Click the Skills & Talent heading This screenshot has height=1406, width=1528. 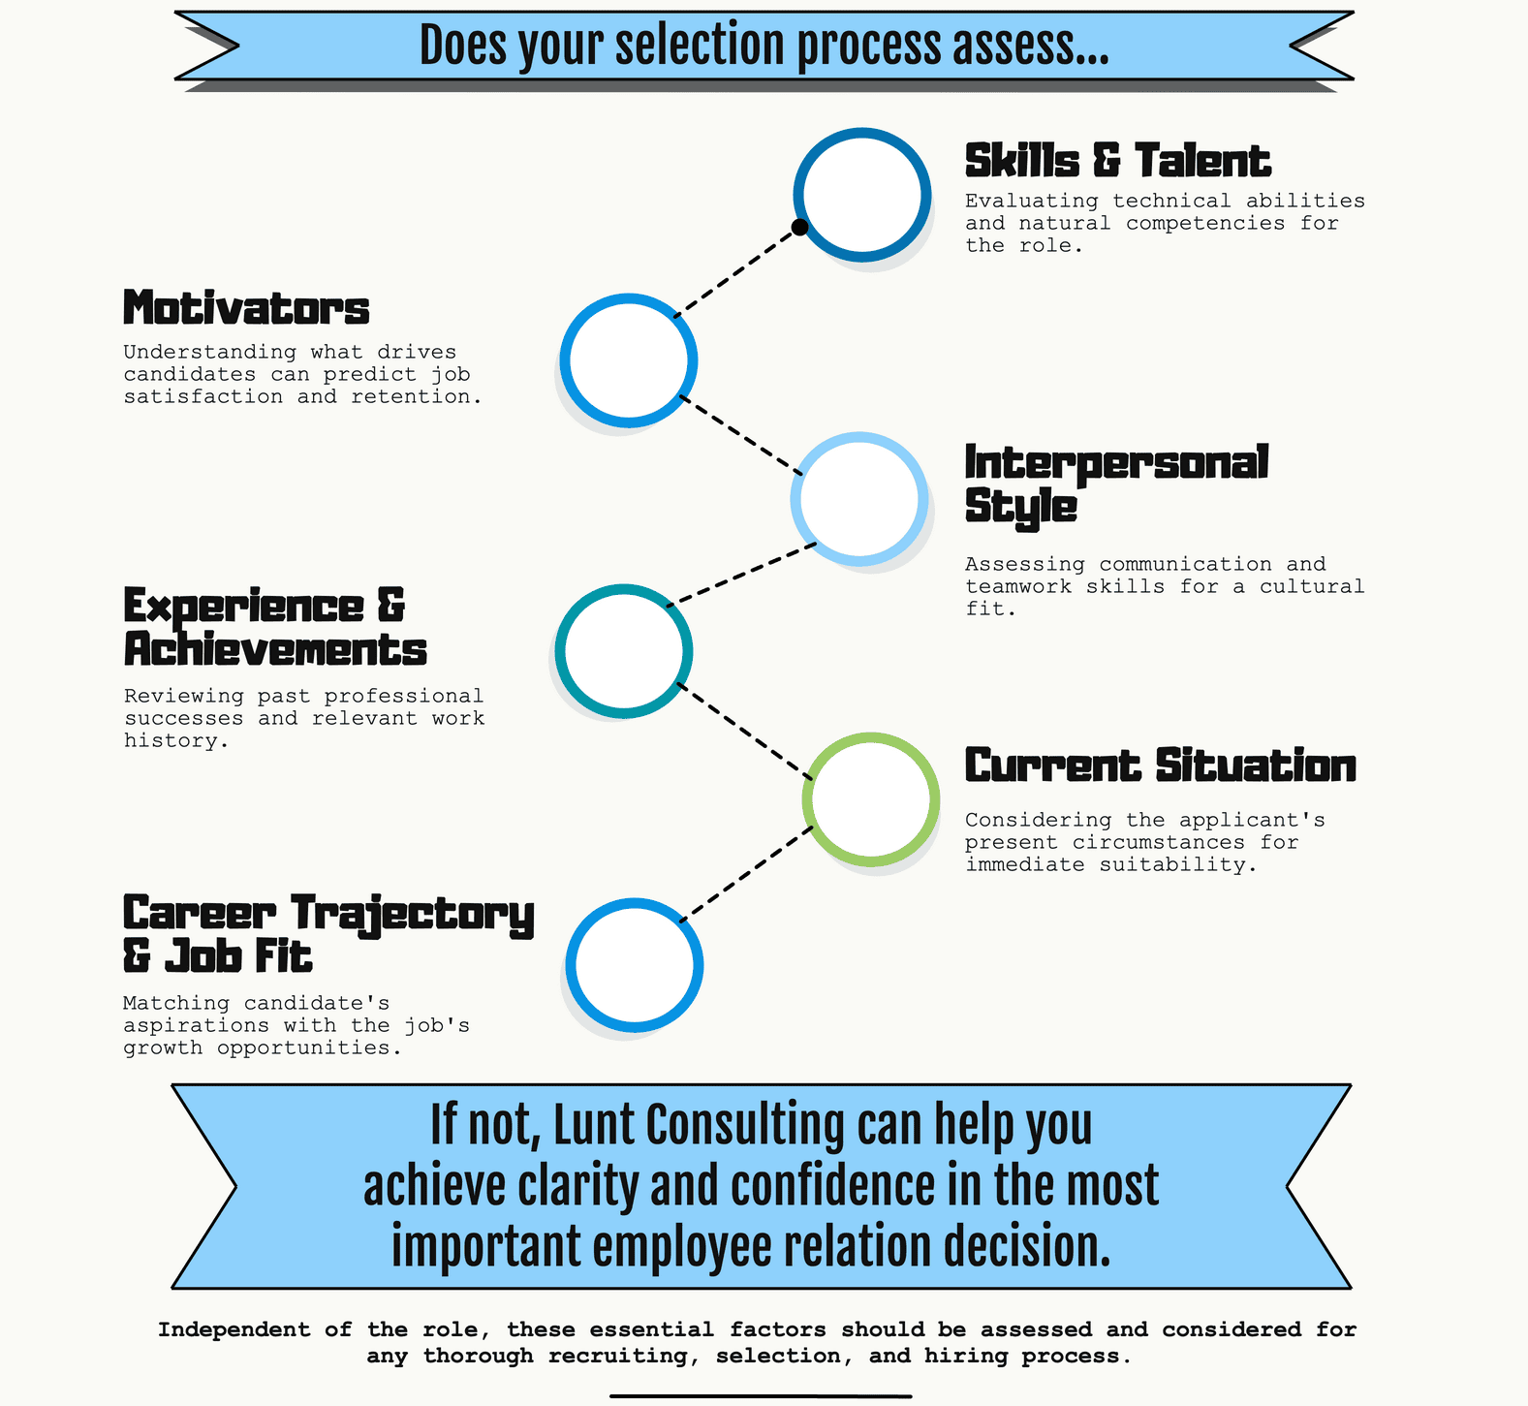(x=1118, y=161)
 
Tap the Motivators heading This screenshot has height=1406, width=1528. (x=246, y=308)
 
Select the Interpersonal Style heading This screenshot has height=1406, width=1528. (x=1116, y=484)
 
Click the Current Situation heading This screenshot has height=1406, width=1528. (x=1161, y=765)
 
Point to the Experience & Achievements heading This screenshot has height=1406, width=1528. (x=275, y=627)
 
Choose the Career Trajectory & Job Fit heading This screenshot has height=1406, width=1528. (x=328, y=933)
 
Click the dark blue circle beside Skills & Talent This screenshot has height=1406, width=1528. (x=862, y=194)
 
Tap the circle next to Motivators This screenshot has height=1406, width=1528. (x=629, y=359)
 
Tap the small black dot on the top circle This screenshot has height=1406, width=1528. (x=799, y=227)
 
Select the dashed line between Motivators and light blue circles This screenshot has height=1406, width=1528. (x=741, y=435)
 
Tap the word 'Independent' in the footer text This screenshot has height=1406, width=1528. (x=234, y=1329)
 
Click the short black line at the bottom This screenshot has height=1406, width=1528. (x=761, y=1396)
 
